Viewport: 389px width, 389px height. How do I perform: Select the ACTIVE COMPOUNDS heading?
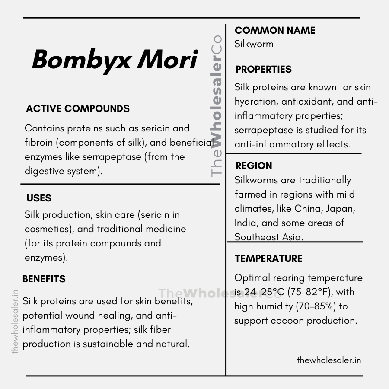coord(78,108)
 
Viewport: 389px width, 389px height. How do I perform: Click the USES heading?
coord(39,198)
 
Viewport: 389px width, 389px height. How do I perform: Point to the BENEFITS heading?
coord(44,279)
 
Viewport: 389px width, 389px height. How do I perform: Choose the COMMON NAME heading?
coord(275,30)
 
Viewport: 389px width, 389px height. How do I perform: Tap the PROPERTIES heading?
coord(264,69)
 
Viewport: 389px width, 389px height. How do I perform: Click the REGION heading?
coord(254,166)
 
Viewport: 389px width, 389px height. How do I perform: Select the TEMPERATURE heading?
coord(268,259)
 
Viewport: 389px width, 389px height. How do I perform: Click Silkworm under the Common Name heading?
coord(254,44)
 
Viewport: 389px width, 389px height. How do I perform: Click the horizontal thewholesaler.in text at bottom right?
coord(329,360)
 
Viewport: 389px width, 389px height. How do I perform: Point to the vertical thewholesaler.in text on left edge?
coord(15,322)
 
